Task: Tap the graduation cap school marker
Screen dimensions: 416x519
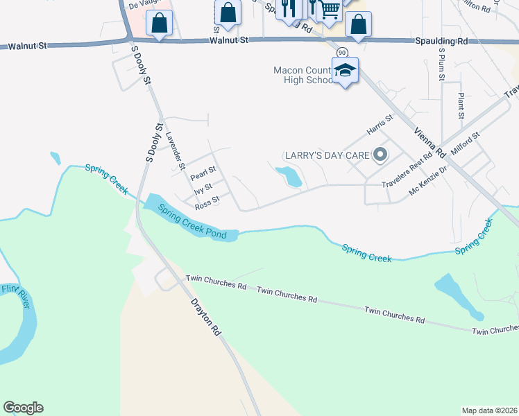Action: coord(345,70)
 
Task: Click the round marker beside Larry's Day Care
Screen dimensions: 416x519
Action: coord(380,155)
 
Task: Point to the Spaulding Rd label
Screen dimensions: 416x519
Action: coord(442,42)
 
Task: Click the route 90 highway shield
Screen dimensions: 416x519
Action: coord(341,53)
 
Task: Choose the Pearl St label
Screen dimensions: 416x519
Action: coord(203,173)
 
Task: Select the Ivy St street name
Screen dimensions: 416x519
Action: coord(203,189)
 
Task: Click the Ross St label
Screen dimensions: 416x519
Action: coord(207,202)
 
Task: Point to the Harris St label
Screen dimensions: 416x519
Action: coord(380,125)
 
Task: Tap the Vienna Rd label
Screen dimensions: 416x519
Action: coord(428,142)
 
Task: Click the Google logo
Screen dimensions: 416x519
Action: coord(23,408)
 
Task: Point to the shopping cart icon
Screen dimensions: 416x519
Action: coord(330,9)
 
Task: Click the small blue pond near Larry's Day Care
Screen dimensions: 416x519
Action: coord(289,176)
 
